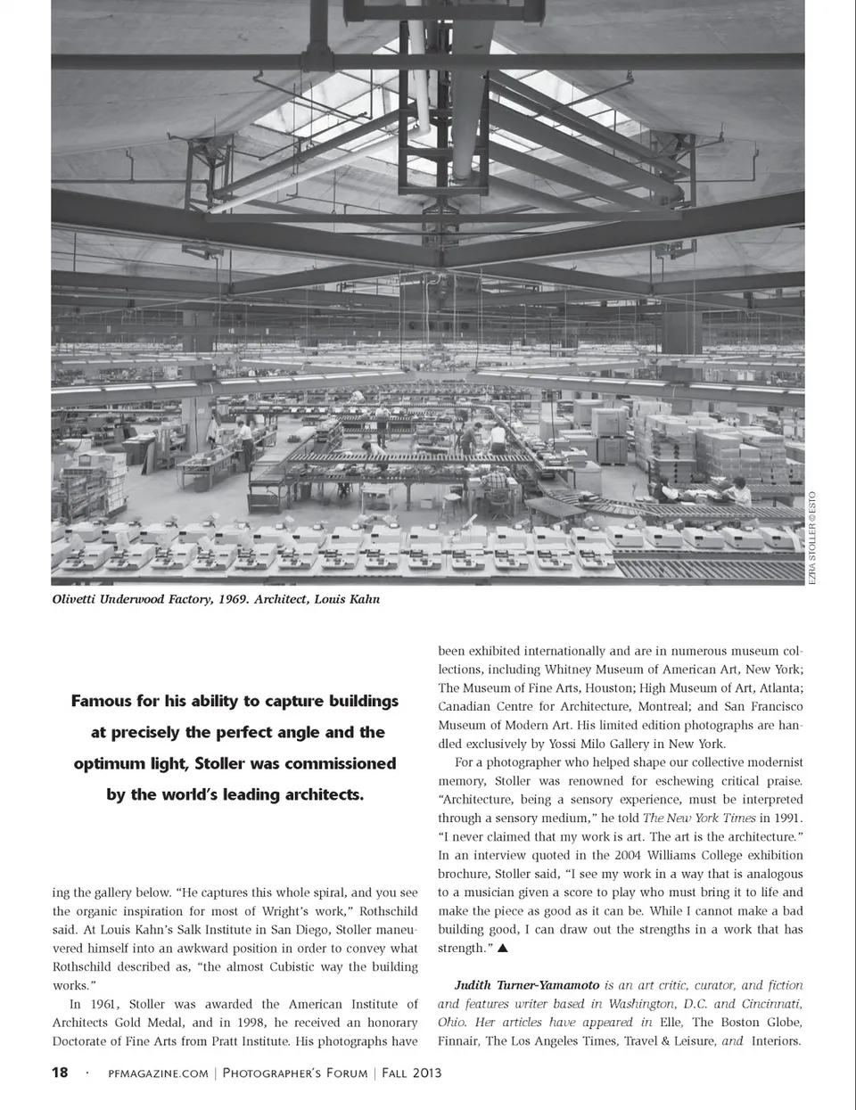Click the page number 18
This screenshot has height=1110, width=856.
[x=60, y=1073]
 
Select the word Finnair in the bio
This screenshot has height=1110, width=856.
[x=459, y=1040]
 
